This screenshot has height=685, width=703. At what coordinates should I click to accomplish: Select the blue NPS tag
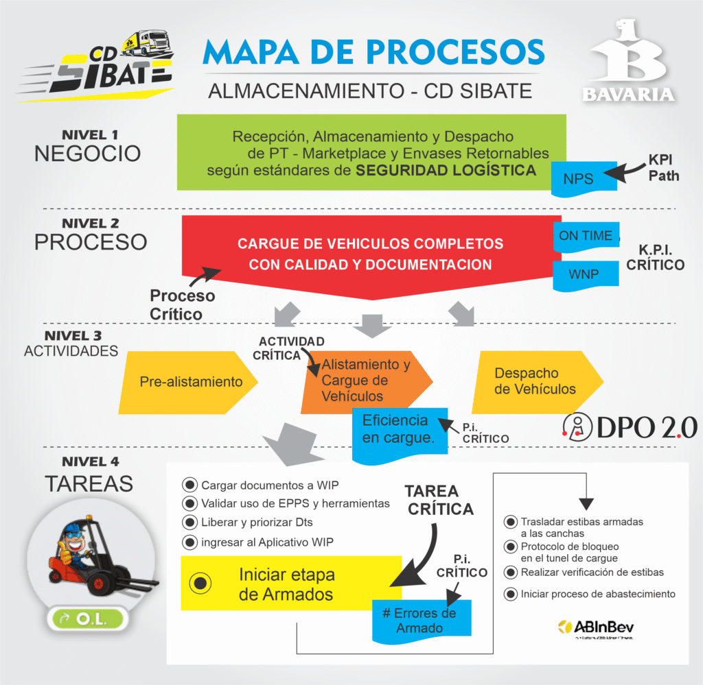point(578,178)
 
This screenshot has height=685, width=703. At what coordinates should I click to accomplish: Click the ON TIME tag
point(586,236)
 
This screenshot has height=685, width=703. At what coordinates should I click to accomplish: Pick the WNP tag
point(584,274)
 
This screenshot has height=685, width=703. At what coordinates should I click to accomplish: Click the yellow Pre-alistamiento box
point(189,382)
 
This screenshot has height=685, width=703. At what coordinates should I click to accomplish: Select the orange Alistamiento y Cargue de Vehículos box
point(364,381)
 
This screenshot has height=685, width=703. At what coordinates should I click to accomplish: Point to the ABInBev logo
point(596,627)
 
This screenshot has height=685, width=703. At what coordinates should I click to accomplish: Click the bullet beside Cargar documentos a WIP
point(189,485)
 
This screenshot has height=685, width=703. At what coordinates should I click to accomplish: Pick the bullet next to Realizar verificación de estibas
point(510,573)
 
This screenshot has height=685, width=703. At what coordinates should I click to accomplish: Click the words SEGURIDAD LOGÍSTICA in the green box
point(446,170)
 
